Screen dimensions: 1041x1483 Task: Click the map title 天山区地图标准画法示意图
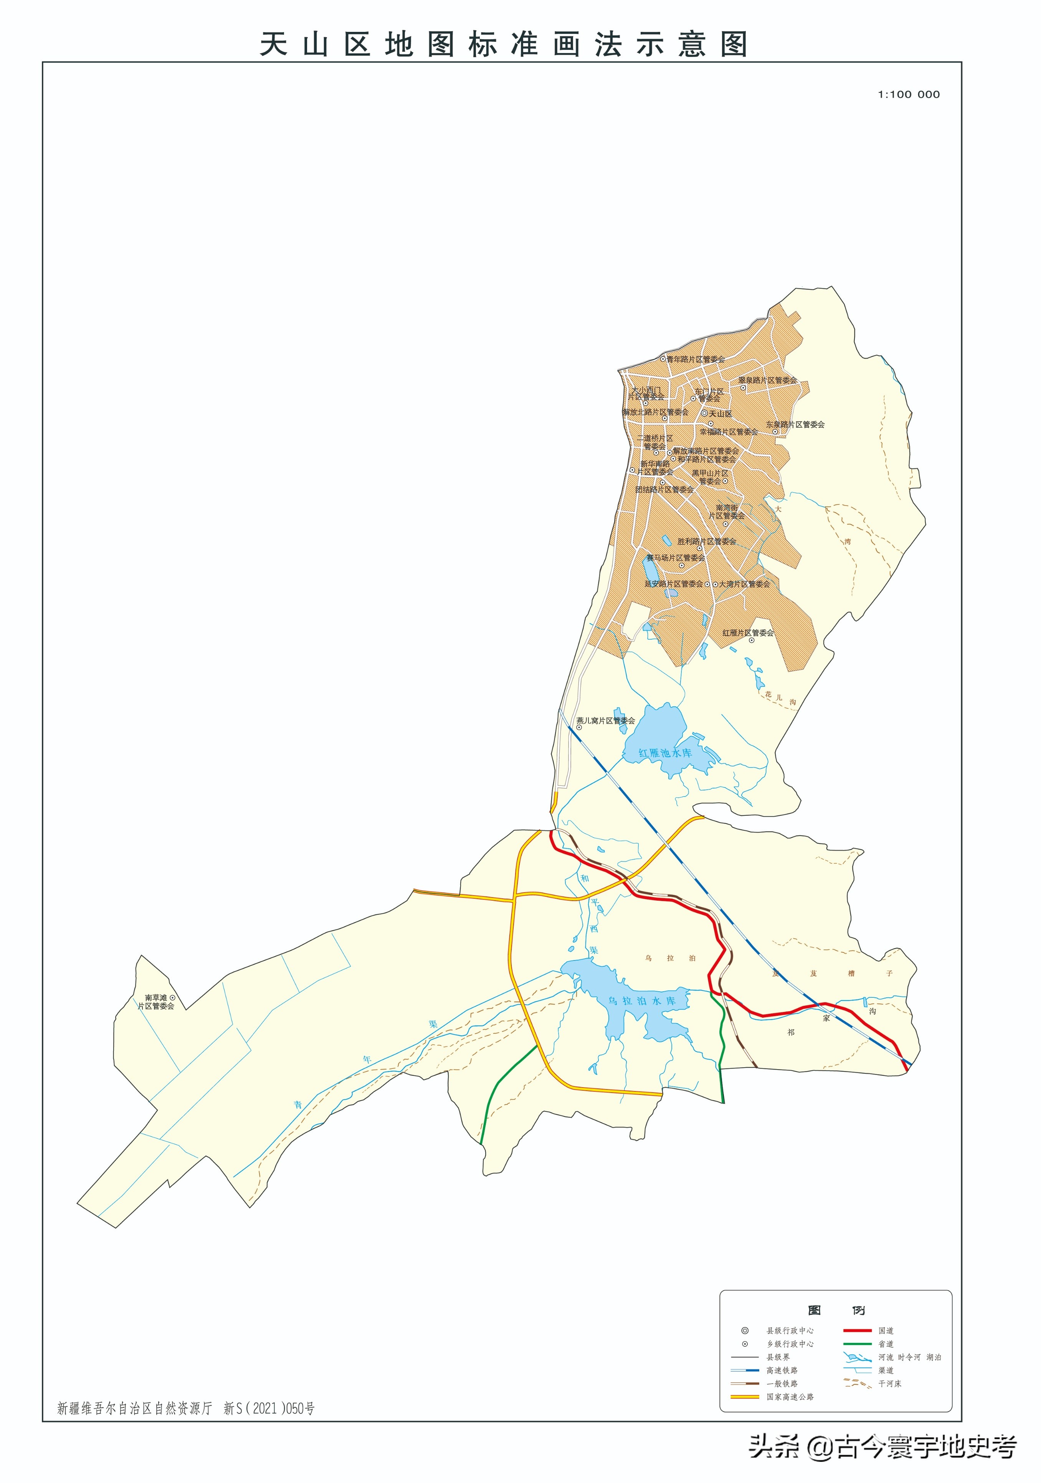point(504,45)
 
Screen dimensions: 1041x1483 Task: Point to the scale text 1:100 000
point(908,94)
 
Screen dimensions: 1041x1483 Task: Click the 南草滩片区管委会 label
point(155,1002)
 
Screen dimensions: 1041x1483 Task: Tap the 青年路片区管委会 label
point(696,359)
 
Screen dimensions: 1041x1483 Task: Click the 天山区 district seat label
point(720,413)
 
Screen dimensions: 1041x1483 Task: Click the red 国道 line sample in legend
point(857,1331)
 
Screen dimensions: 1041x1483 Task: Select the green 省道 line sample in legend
point(857,1344)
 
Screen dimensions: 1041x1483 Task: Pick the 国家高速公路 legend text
point(790,1397)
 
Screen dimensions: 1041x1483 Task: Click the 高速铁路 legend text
point(782,1370)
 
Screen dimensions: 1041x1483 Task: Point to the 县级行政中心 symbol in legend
point(745,1331)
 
